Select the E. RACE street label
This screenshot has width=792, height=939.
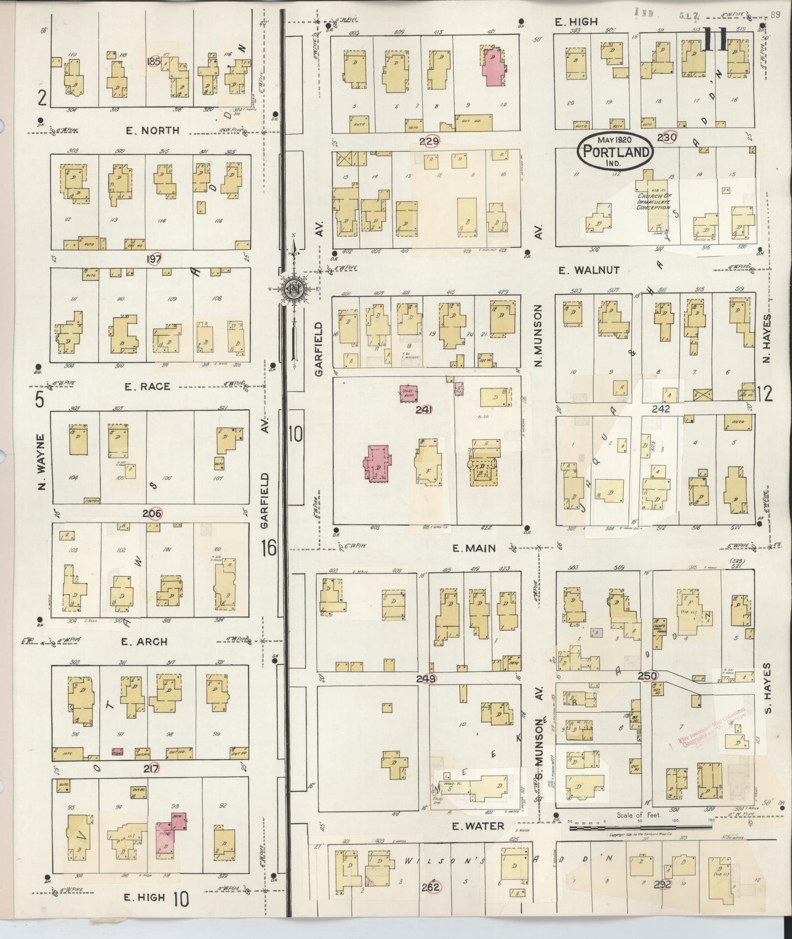coord(147,386)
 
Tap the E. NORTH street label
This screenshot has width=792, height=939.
coord(152,130)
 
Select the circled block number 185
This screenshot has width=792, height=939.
coord(154,62)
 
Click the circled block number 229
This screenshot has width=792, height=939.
coord(429,141)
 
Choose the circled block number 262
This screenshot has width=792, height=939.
coord(431,887)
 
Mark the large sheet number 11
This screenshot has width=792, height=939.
coord(716,39)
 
